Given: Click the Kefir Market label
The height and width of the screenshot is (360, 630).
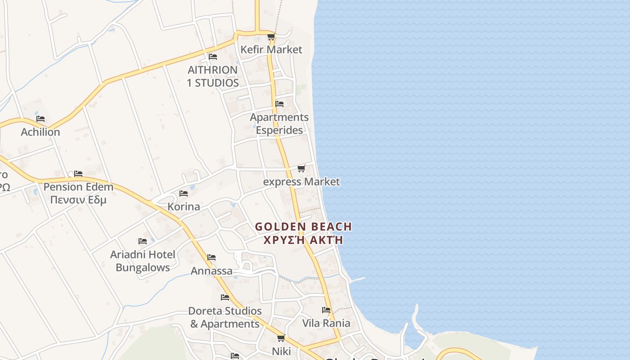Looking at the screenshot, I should pyautogui.click(x=271, y=49).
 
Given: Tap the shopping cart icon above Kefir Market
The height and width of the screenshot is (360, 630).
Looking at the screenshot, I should pyautogui.click(x=271, y=36).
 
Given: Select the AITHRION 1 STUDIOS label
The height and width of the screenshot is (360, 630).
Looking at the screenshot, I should pyautogui.click(x=213, y=76).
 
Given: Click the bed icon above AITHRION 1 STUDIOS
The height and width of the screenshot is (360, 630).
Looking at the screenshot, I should pyautogui.click(x=213, y=57).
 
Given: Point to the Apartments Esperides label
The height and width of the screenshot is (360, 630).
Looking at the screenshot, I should pyautogui.click(x=279, y=124).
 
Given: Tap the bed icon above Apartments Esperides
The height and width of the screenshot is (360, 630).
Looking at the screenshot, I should pyautogui.click(x=279, y=104).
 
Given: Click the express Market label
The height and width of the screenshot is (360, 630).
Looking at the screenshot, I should pyautogui.click(x=301, y=182).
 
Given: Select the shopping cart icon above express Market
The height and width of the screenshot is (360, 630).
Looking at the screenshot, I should pyautogui.click(x=301, y=168).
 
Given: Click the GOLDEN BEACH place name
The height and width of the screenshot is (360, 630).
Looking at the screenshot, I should pyautogui.click(x=303, y=227).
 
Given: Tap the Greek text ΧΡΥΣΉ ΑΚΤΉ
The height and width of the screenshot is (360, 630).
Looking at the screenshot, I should pyautogui.click(x=303, y=240).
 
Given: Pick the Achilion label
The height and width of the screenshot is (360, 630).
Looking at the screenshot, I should pyautogui.click(x=40, y=132).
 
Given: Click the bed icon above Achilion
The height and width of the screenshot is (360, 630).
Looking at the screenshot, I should pyautogui.click(x=40, y=119).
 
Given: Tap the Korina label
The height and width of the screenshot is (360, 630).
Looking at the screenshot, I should pyautogui.click(x=184, y=207).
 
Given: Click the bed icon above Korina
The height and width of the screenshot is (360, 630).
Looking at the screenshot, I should pyautogui.click(x=184, y=193).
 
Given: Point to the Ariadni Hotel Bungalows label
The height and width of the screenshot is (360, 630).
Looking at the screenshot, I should pyautogui.click(x=143, y=261).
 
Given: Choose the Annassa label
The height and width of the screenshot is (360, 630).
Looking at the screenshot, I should pyautogui.click(x=211, y=271).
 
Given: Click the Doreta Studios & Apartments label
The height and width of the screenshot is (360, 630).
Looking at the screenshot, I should pyautogui.click(x=225, y=317).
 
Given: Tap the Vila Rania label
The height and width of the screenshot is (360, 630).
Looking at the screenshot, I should pyautogui.click(x=326, y=323).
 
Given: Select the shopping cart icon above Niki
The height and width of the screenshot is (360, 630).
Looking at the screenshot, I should pyautogui.click(x=281, y=338).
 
